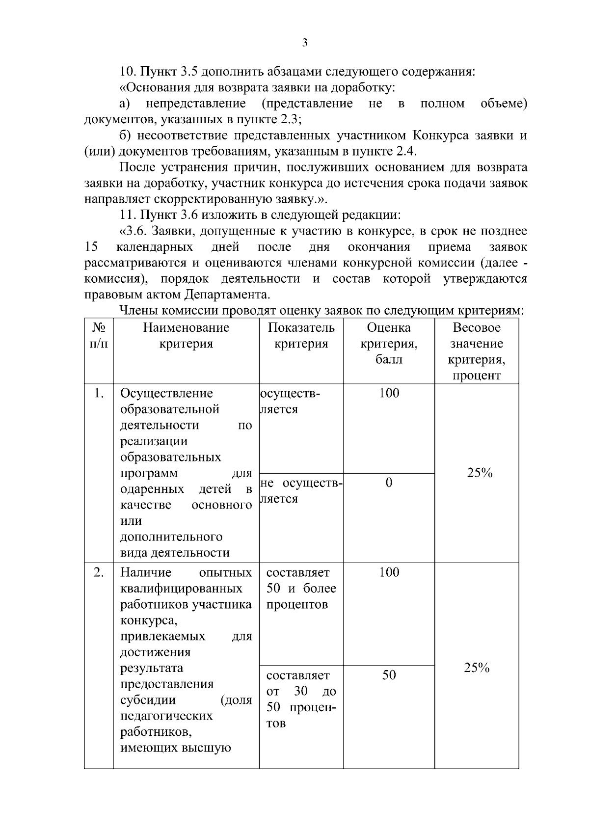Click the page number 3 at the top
304,43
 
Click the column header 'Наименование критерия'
186,335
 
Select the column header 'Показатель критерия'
301,335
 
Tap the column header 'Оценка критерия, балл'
389,343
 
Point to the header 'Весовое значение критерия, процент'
477,351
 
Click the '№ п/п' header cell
99,335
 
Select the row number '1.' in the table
99,393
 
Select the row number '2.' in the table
99,572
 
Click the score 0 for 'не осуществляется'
389,483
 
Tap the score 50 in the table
389,675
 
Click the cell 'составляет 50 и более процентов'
301,588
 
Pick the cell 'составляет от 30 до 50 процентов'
301,699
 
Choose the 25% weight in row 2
477,668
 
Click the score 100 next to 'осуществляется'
389,393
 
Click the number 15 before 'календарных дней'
92,247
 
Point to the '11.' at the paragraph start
129,215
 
